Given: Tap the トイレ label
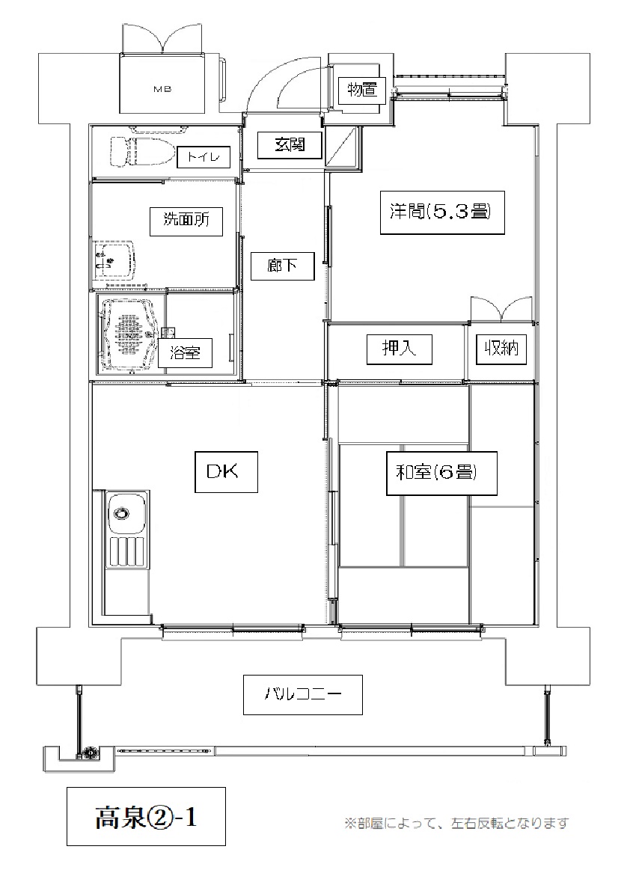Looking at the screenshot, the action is pyautogui.click(x=204, y=157).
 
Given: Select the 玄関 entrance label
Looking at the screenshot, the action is pyautogui.click(x=290, y=145).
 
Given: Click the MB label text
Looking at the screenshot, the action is pyautogui.click(x=162, y=89).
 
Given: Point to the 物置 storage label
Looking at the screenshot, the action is pyautogui.click(x=362, y=89).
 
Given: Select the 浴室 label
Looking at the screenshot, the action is pyautogui.click(x=185, y=353).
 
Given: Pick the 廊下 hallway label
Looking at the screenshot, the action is pyautogui.click(x=282, y=265).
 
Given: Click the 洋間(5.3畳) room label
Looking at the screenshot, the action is pyautogui.click(x=442, y=212).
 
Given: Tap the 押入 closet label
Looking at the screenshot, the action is pyautogui.click(x=399, y=349).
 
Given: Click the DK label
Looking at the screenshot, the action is pyautogui.click(x=226, y=472).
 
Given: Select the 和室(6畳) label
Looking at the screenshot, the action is pyautogui.click(x=441, y=473).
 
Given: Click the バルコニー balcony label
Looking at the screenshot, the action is pyautogui.click(x=303, y=694).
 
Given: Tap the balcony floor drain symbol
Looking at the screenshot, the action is pyautogui.click(x=88, y=753).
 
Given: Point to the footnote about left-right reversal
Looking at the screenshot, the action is pyautogui.click(x=457, y=823).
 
